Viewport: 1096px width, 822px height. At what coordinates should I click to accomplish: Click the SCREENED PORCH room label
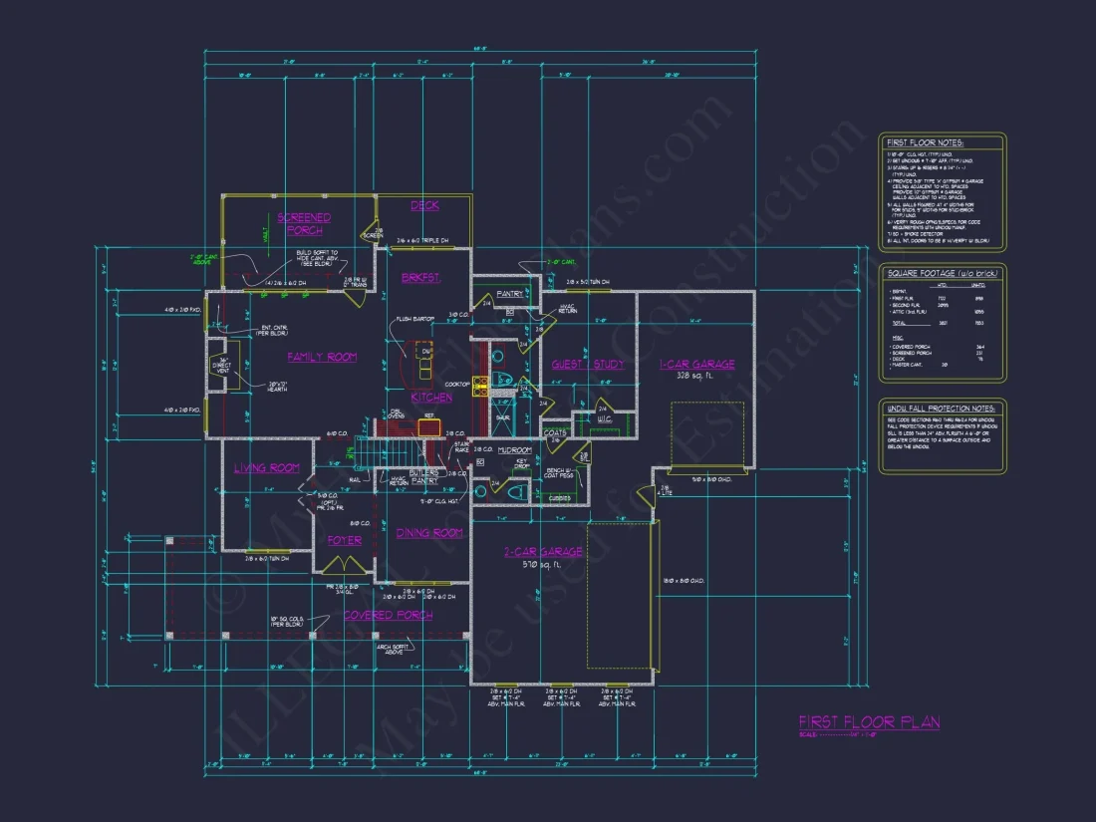click(304, 223)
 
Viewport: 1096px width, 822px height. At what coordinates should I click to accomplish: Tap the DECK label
click(424, 205)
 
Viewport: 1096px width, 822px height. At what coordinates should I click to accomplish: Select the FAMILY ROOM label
click(322, 357)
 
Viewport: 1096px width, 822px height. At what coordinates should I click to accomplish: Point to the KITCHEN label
click(431, 397)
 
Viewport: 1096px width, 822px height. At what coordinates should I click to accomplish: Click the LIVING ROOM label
click(267, 467)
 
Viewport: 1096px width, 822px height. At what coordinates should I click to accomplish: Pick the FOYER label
click(344, 540)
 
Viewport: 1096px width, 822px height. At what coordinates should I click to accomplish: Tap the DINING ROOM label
click(429, 532)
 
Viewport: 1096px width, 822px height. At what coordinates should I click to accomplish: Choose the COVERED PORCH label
click(388, 615)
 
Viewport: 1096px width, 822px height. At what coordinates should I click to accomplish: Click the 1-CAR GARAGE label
click(696, 364)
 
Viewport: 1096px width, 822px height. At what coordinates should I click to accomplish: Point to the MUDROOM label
click(515, 449)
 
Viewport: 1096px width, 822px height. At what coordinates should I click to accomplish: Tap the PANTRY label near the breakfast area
click(510, 294)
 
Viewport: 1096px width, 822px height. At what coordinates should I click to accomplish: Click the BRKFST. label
click(420, 278)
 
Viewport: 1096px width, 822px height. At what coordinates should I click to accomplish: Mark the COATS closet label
click(555, 432)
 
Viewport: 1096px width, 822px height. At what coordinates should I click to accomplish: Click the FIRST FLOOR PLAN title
click(868, 722)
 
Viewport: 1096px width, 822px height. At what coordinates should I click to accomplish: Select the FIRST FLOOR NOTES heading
click(925, 142)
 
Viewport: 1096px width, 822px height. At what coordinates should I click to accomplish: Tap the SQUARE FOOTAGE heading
click(942, 272)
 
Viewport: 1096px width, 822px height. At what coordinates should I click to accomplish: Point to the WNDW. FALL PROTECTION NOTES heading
click(941, 409)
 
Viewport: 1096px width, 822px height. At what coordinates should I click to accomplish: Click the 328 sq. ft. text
click(696, 377)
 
